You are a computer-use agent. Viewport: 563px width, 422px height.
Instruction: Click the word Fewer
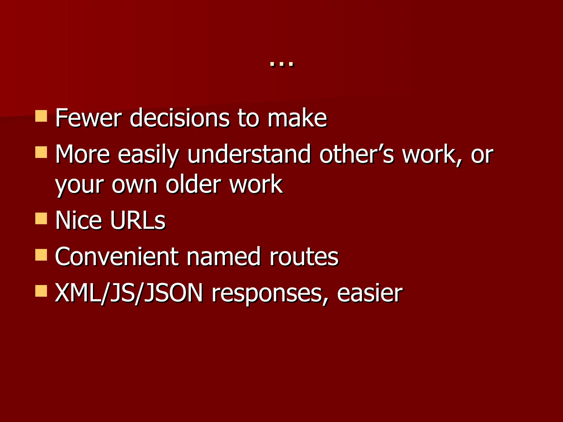88,118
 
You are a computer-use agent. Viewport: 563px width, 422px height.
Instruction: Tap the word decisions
179,118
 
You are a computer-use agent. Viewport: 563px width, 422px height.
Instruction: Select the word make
297,118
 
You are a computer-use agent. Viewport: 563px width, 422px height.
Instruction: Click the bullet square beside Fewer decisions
41,116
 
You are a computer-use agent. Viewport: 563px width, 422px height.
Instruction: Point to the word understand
249,154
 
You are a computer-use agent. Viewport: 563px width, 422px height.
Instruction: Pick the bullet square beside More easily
41,152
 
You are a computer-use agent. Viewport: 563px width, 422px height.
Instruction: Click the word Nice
79,220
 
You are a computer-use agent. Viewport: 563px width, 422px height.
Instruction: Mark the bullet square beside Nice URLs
41,218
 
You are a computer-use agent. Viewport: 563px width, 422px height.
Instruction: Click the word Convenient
117,257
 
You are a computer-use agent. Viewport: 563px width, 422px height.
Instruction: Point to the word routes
304,257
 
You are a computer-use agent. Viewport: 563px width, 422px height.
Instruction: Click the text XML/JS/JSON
129,293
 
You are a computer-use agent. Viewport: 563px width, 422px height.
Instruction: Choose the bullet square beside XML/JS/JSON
41,291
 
